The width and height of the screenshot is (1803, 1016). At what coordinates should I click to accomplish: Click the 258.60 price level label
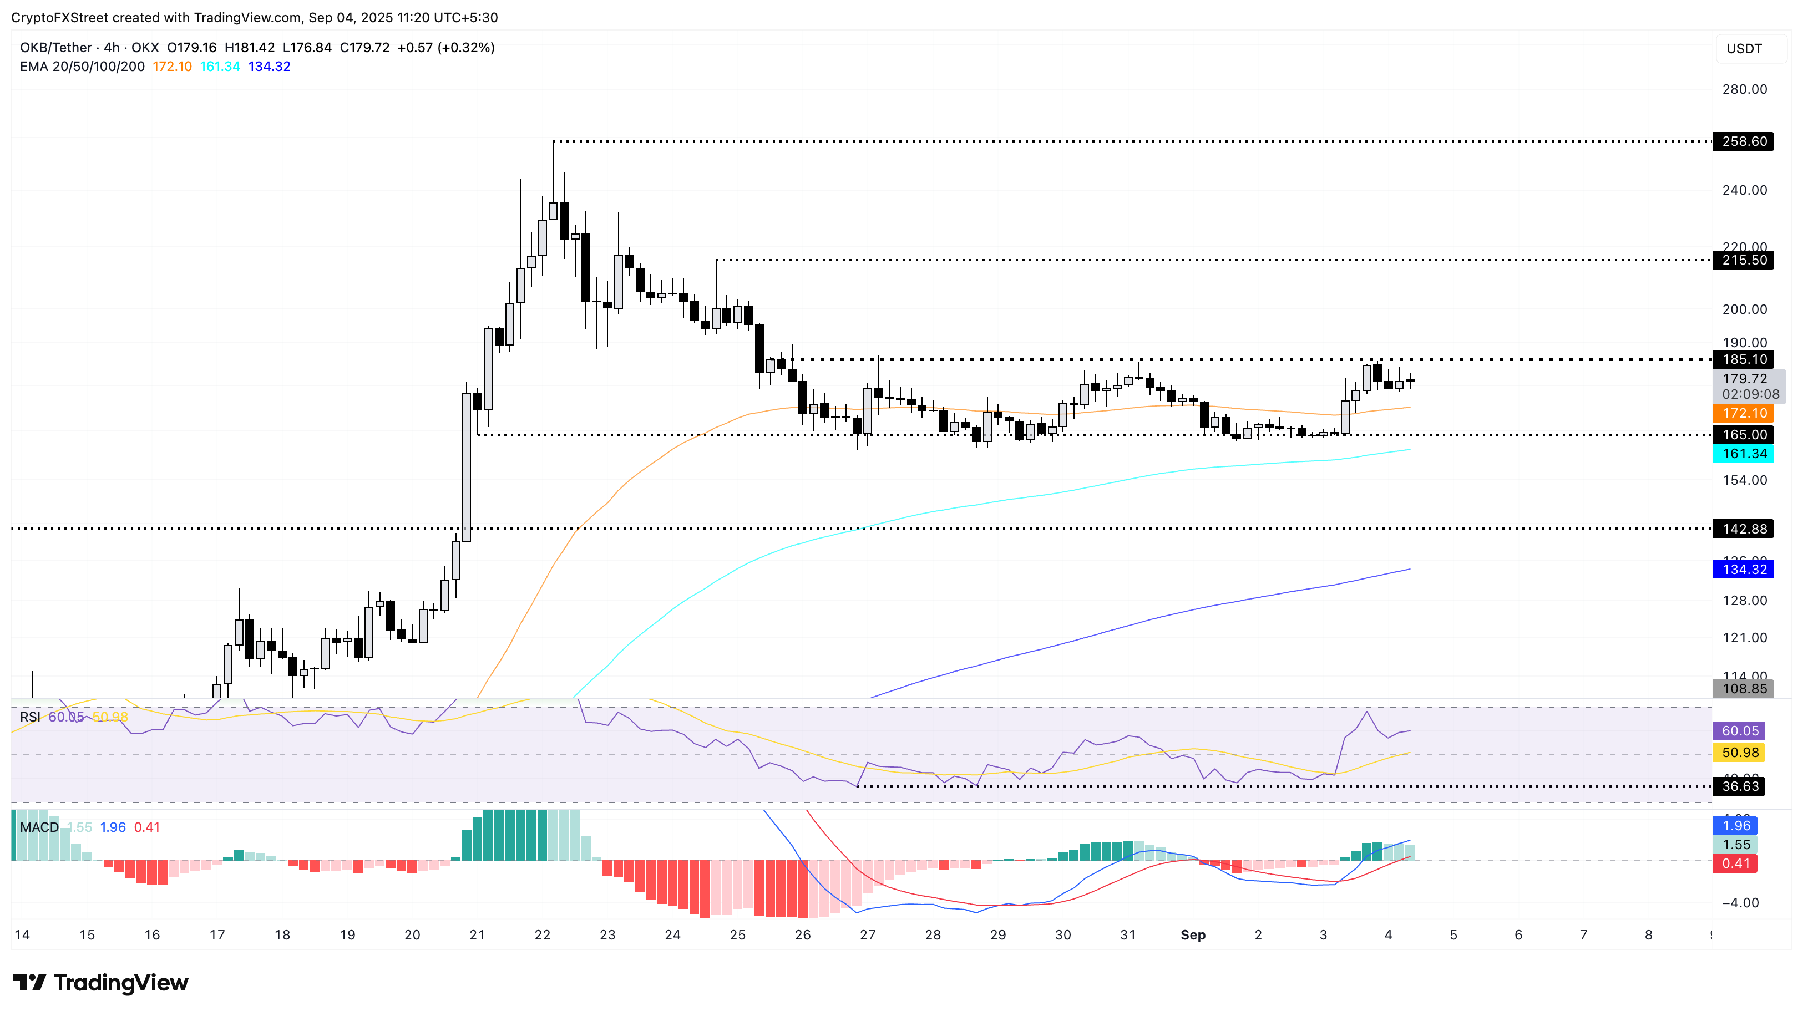point(1744,141)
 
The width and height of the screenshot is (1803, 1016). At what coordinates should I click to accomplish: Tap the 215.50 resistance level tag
point(1744,260)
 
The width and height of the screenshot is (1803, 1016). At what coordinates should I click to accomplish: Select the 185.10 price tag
point(1744,360)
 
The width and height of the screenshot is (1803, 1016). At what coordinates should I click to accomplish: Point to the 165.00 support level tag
point(1744,435)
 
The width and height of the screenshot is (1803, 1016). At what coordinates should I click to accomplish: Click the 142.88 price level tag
point(1744,529)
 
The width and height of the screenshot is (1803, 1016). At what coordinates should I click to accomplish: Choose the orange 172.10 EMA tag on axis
point(1744,414)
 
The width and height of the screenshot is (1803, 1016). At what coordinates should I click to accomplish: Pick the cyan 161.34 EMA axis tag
point(1744,454)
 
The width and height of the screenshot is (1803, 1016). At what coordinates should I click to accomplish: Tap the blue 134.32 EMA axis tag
point(1744,570)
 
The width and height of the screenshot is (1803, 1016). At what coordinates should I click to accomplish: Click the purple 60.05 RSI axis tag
point(1739,731)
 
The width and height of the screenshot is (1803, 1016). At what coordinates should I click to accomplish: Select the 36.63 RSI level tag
point(1739,786)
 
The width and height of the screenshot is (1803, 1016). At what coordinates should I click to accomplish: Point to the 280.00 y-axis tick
point(1744,89)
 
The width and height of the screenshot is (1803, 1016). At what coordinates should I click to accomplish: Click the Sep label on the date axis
point(1193,935)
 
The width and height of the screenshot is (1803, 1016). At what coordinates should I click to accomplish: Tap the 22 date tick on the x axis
point(543,935)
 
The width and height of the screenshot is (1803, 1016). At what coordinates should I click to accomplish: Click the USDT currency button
point(1744,48)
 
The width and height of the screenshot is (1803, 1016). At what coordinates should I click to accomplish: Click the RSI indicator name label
point(29,717)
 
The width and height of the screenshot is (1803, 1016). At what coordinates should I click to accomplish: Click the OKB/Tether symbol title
point(56,48)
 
